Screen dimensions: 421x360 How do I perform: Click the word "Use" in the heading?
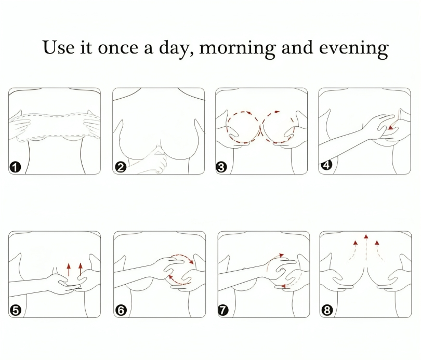pyautogui.click(x=58, y=47)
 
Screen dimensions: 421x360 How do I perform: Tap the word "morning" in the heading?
pyautogui.click(x=238, y=49)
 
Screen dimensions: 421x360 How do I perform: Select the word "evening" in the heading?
pyautogui.click(x=354, y=49)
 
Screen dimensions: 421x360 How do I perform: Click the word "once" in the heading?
pyautogui.click(x=119, y=48)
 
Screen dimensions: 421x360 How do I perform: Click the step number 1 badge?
pyautogui.click(x=15, y=167)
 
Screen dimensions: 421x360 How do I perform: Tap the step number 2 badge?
pyautogui.click(x=121, y=167)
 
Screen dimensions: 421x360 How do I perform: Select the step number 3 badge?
pyautogui.click(x=221, y=167)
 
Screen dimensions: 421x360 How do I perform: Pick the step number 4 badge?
pyautogui.click(x=326, y=165)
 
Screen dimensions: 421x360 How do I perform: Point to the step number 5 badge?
pyautogui.click(x=15, y=310)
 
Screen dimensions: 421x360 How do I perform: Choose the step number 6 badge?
pyautogui.click(x=121, y=310)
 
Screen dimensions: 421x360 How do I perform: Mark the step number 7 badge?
pyautogui.click(x=223, y=310)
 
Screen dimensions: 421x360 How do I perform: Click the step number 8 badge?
pyautogui.click(x=327, y=310)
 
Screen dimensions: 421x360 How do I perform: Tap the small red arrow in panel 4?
pyautogui.click(x=392, y=125)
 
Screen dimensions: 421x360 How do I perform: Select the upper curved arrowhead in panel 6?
pyautogui.click(x=191, y=261)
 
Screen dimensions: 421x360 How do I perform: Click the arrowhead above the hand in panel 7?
pyautogui.click(x=281, y=255)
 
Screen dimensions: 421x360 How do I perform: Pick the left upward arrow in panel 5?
pyautogui.click(x=69, y=270)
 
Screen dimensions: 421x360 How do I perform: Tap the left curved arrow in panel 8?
pyautogui.click(x=353, y=250)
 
